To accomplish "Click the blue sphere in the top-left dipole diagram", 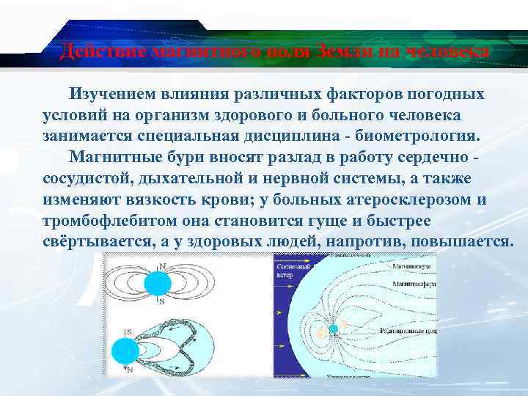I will click(158, 283).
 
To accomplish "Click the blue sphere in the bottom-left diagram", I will click(125, 353).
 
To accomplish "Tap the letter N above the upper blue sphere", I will click(161, 265).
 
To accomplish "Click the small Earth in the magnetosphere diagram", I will click(334, 329).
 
